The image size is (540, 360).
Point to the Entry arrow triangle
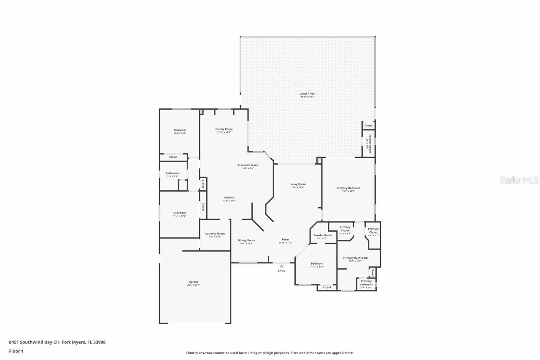[x=281, y=266]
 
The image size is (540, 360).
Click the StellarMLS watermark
[x=519, y=180]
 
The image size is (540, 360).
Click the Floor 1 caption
[x=16, y=351]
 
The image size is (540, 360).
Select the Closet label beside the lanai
[x=368, y=125]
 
